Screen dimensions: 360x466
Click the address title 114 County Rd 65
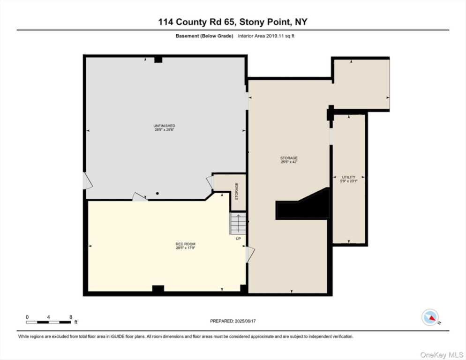click(233, 22)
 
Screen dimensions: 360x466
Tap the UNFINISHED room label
click(164, 126)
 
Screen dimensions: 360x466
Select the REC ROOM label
click(185, 244)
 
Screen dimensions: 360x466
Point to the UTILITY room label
click(348, 177)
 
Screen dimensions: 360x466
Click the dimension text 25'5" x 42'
click(289, 162)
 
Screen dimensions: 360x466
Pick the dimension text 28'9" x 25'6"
click(164, 130)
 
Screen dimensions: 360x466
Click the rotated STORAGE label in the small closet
click(237, 191)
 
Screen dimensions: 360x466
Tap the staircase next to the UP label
click(237, 224)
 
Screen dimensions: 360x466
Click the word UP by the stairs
click(238, 239)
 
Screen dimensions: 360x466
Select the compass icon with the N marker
click(430, 317)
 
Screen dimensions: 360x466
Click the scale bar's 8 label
click(70, 317)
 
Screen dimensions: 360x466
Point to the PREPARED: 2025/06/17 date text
click(233, 321)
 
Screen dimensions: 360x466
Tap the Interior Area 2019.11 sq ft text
click(267, 36)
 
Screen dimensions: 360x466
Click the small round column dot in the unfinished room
click(158, 193)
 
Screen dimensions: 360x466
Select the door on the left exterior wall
click(87, 181)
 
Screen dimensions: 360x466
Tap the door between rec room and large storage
click(250, 254)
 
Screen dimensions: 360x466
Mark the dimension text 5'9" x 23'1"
click(348, 181)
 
